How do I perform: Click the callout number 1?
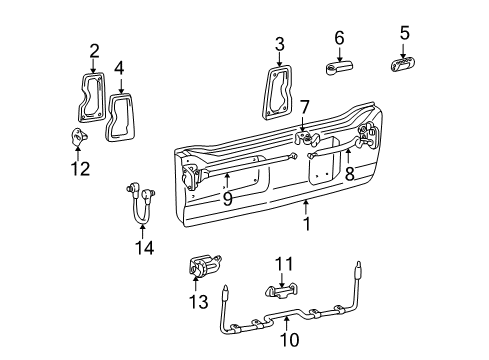[307, 225]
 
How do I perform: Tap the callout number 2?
[94, 50]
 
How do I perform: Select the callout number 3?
[280, 43]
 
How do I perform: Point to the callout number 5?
[405, 34]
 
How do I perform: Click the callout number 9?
[227, 198]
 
